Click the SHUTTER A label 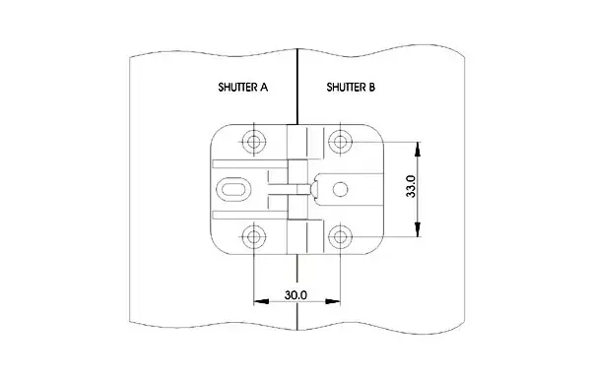coord(242,88)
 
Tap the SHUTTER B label coord(351,88)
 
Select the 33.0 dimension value coord(411,186)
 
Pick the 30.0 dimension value coord(295,295)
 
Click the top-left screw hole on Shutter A coord(254,142)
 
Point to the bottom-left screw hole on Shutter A coord(254,237)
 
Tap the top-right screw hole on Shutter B coord(341,142)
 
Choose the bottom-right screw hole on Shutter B coord(341,237)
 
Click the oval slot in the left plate coord(233,189)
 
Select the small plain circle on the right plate coord(341,189)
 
